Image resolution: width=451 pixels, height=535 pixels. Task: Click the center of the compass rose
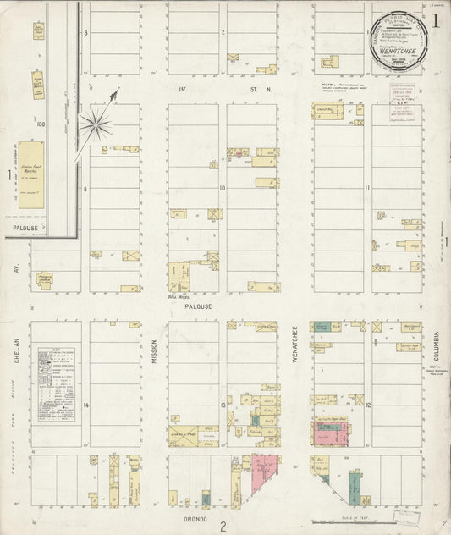[x=95, y=126]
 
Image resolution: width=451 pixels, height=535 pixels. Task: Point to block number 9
[x=85, y=190]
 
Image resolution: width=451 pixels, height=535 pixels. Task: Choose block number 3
[x=85, y=33]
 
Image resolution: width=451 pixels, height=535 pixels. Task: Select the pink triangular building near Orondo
[x=263, y=473]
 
